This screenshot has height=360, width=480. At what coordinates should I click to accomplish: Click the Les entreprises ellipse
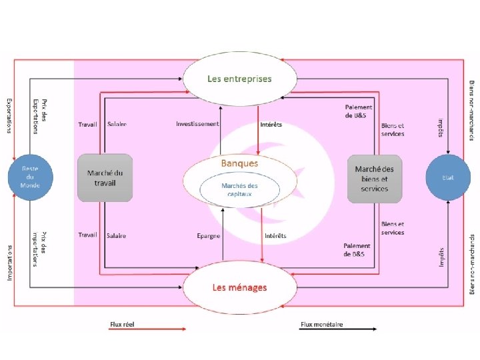tap(239, 79)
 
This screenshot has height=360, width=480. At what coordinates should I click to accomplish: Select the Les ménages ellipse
tap(239, 287)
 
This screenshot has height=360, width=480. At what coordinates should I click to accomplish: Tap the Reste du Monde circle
tap(30, 177)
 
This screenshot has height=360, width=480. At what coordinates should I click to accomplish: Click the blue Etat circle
tap(448, 178)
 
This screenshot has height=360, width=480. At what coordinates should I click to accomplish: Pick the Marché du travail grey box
tap(105, 177)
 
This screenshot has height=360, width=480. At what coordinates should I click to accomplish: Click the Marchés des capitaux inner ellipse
tap(239, 189)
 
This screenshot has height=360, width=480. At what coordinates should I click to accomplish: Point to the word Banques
tap(239, 162)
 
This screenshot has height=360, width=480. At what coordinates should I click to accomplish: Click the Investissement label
tap(197, 124)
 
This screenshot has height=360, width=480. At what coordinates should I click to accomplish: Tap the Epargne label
tap(208, 235)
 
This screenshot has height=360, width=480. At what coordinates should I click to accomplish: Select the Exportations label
tap(9, 115)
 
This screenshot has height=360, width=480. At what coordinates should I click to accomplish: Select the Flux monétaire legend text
tap(321, 324)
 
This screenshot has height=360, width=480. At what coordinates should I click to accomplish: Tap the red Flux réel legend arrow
tap(148, 329)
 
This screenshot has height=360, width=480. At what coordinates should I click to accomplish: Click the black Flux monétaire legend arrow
tap(339, 329)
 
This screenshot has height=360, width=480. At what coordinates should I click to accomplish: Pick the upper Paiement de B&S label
tap(359, 111)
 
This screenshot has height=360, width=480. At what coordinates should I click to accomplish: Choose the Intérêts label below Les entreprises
tap(270, 124)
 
